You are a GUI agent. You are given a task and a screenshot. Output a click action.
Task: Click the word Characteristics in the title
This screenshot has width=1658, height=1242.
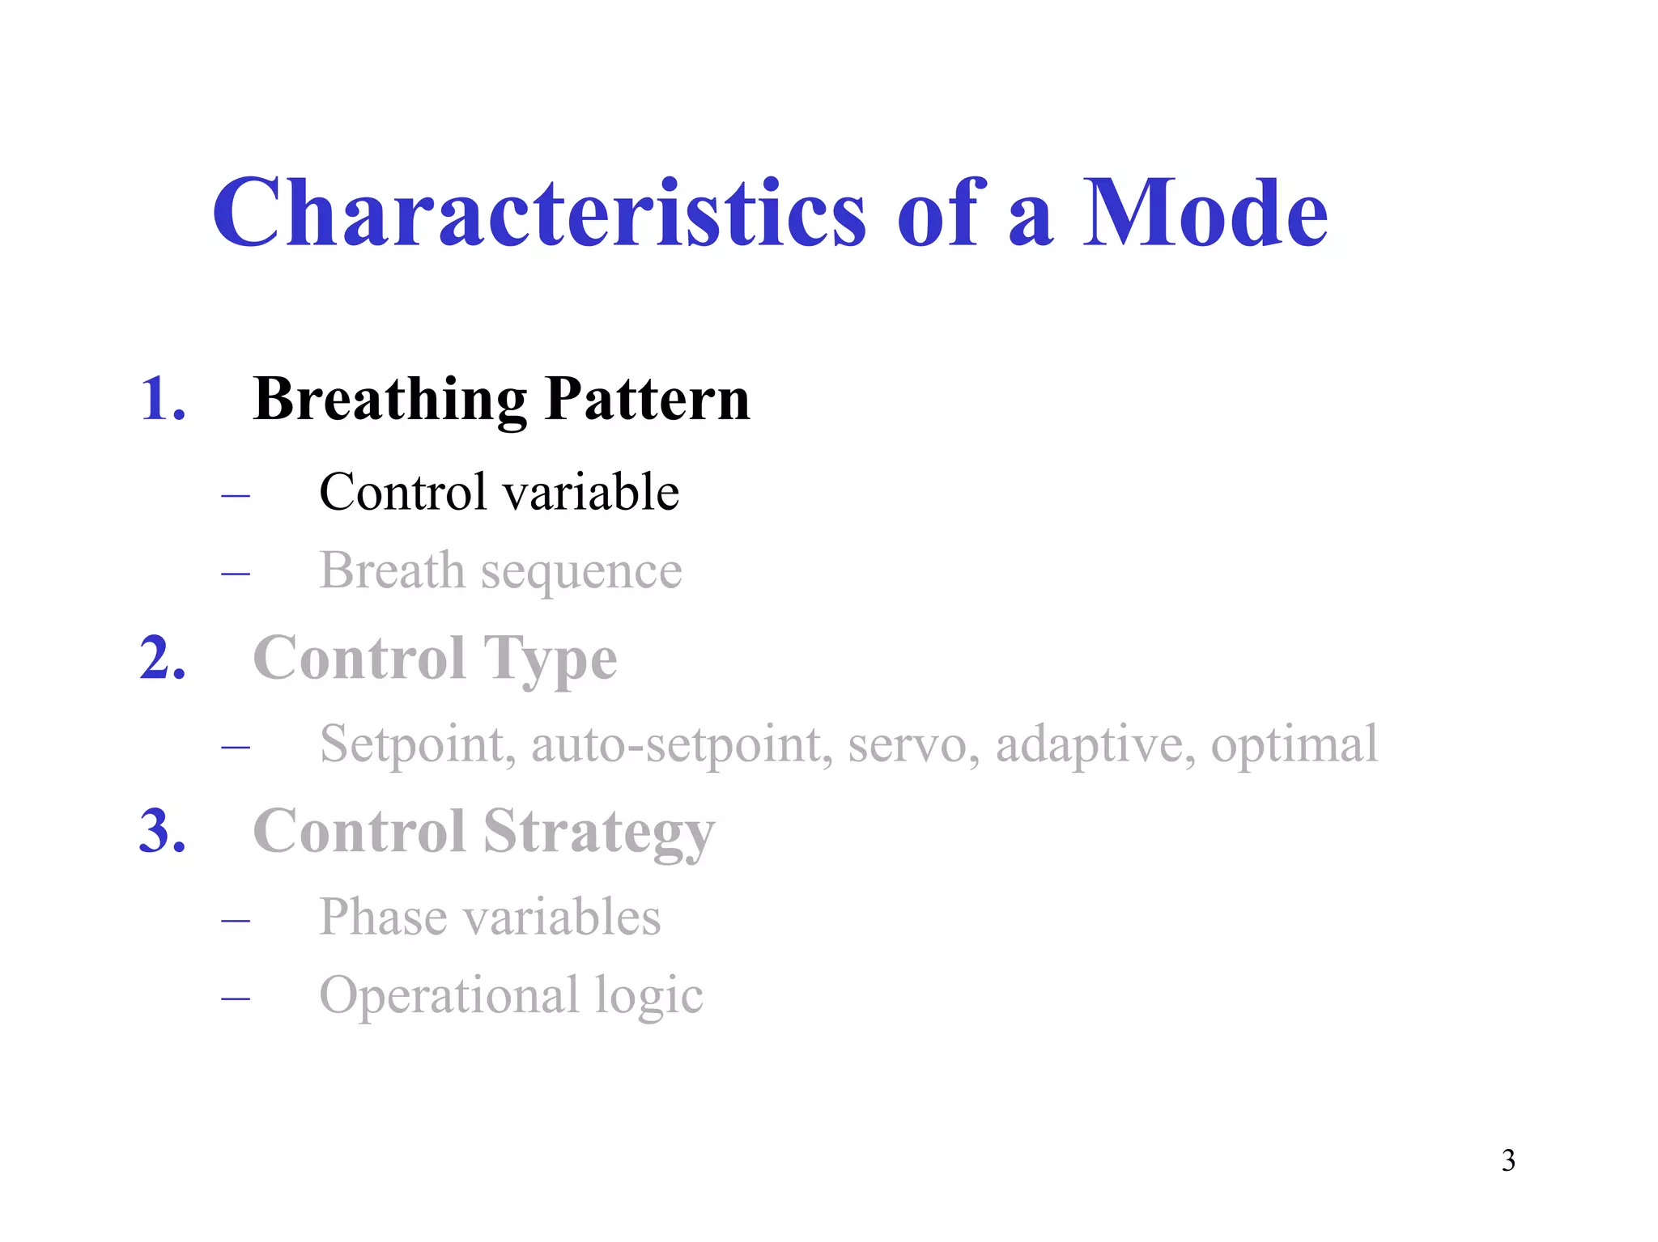[x=538, y=213]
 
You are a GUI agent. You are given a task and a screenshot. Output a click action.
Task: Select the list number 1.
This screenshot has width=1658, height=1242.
[x=162, y=399]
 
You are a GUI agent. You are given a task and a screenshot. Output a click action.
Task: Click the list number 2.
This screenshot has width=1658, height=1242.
[x=162, y=658]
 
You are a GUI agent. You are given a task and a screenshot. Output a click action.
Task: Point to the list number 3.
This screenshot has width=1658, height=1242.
[x=162, y=831]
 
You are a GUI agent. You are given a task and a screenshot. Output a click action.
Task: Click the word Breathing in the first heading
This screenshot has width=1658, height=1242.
[x=389, y=399]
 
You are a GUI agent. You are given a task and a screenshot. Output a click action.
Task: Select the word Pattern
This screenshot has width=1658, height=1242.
[x=647, y=399]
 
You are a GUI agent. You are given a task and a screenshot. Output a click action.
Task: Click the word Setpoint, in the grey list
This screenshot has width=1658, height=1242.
[x=417, y=744]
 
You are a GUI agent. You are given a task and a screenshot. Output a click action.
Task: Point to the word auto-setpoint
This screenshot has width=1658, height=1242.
[x=681, y=744]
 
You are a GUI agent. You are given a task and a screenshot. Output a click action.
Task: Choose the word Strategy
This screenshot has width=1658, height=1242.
[x=599, y=833]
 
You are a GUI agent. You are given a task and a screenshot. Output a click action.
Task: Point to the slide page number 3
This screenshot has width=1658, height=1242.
[x=1507, y=1160]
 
